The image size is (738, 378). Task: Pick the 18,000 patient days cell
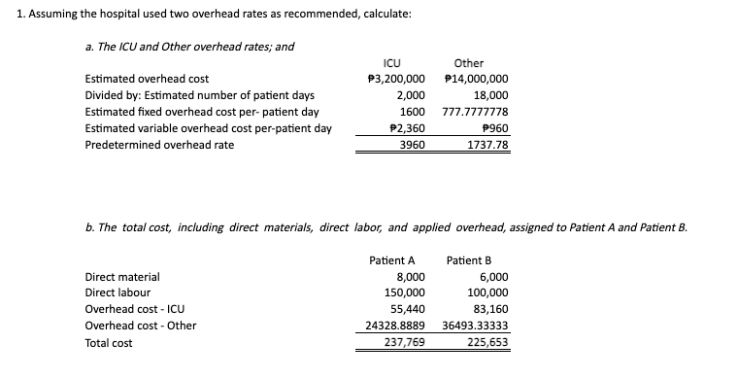(x=491, y=95)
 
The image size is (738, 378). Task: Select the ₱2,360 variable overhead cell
(x=407, y=128)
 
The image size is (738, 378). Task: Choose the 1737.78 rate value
(x=488, y=145)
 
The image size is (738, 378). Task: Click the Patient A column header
(x=392, y=260)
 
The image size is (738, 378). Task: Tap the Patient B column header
(x=470, y=260)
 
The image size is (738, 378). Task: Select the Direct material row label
(x=123, y=277)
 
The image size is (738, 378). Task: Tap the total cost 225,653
(x=487, y=342)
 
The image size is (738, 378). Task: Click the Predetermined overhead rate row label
(x=159, y=145)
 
